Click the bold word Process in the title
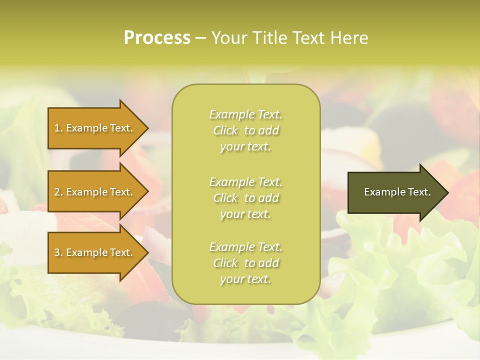[x=157, y=38]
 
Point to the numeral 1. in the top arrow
[x=58, y=128]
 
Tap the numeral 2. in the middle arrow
[x=58, y=192]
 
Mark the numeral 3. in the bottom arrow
[x=58, y=252]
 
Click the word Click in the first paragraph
[x=225, y=131]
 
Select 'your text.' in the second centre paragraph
[x=245, y=214]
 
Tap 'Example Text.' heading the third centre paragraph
[x=245, y=247]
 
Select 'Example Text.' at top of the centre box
[x=245, y=115]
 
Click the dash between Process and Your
[x=200, y=38]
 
